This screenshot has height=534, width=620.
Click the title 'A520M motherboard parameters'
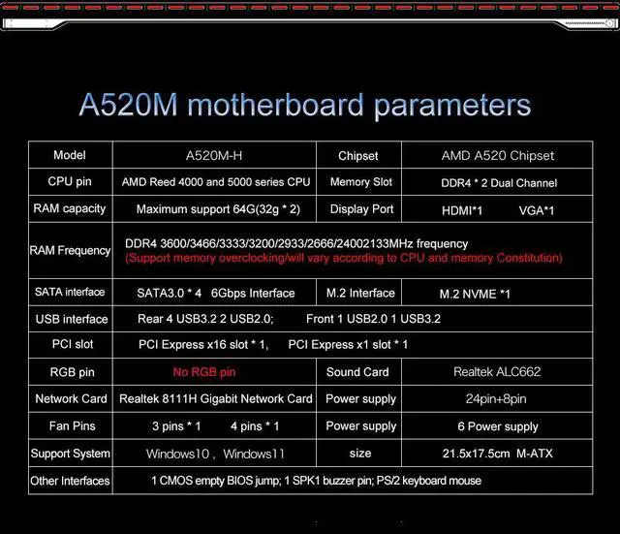pos(305,105)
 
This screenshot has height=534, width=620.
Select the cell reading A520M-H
pos(214,155)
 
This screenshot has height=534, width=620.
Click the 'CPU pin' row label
pos(70,181)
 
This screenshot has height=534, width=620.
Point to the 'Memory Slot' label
pos(361,182)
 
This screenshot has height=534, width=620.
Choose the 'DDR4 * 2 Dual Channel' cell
pos(498,182)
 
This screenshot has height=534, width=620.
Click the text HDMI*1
pos(462,209)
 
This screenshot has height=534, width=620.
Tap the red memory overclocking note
pos(344,258)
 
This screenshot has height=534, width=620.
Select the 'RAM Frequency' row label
pos(70,251)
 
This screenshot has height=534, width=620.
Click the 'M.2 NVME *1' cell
pos(475,294)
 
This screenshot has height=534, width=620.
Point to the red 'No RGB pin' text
pos(203,372)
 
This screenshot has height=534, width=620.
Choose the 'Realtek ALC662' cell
pos(497,372)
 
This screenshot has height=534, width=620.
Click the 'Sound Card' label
pos(357,372)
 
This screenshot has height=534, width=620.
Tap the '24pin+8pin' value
pos(496,398)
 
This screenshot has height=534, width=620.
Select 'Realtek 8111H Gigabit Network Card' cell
pos(215,398)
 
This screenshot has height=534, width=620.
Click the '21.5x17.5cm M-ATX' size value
pos(498,454)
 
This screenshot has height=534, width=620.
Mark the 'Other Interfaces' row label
pos(70,481)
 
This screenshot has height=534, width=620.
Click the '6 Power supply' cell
pos(498,426)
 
